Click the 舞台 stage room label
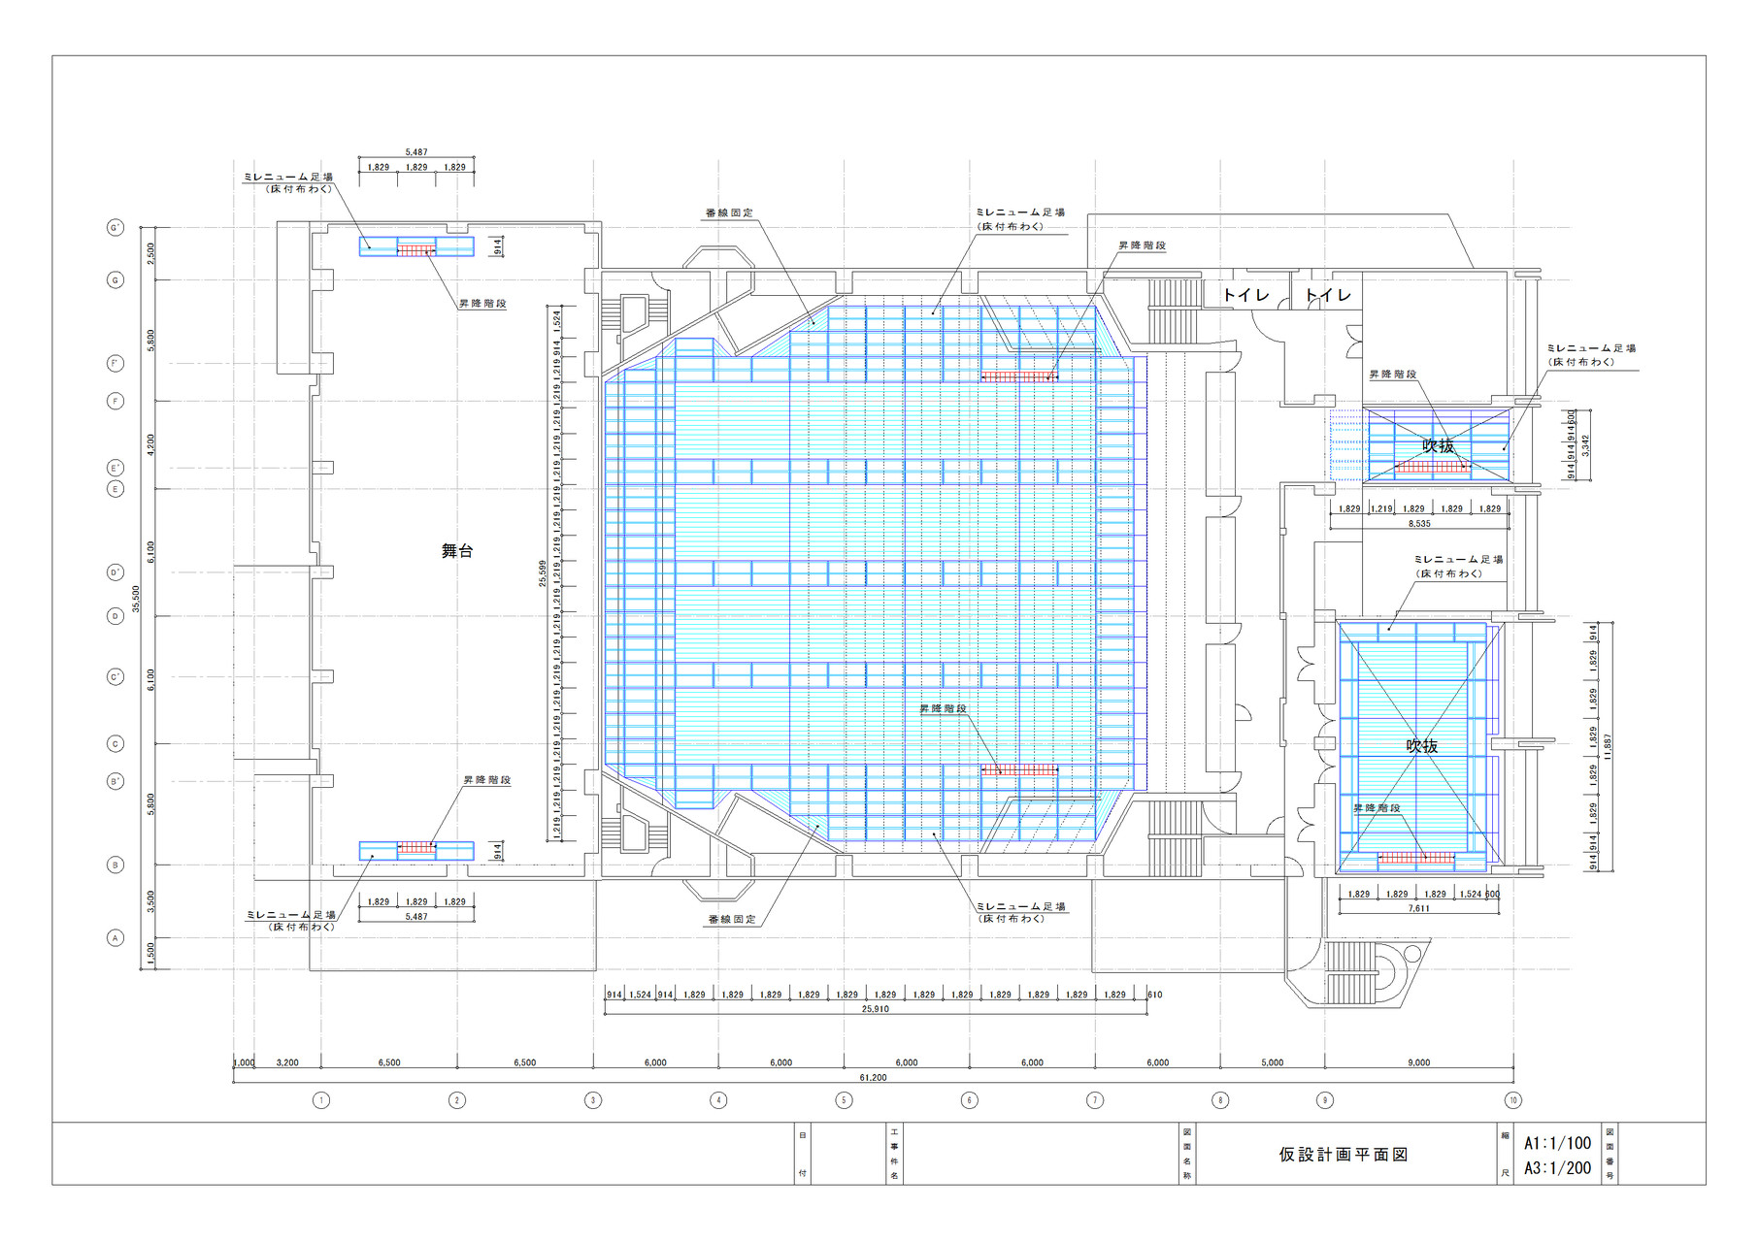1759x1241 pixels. tap(457, 551)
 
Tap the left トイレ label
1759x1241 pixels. tap(1245, 295)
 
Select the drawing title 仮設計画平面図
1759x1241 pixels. tap(1343, 1155)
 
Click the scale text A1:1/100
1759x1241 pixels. tap(1557, 1143)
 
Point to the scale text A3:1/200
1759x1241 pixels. tap(1557, 1168)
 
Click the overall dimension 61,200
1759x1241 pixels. tap(873, 1078)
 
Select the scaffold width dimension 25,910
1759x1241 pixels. tap(875, 1009)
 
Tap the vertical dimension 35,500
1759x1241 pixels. tap(136, 598)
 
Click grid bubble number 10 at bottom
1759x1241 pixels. tap(1512, 1100)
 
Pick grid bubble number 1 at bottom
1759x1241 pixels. tap(321, 1100)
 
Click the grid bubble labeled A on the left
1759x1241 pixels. tap(116, 938)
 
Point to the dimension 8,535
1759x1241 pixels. tap(1419, 524)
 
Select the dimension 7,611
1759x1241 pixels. tap(1418, 909)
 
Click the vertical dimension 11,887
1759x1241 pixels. tap(1608, 746)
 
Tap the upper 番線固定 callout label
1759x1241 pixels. tap(729, 213)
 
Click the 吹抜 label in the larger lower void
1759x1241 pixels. tap(1422, 746)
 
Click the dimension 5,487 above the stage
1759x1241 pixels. tap(416, 152)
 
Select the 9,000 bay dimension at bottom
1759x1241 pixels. tap(1418, 1062)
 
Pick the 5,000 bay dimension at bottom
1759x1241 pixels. tap(1272, 1062)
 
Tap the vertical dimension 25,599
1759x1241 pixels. tap(543, 573)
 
